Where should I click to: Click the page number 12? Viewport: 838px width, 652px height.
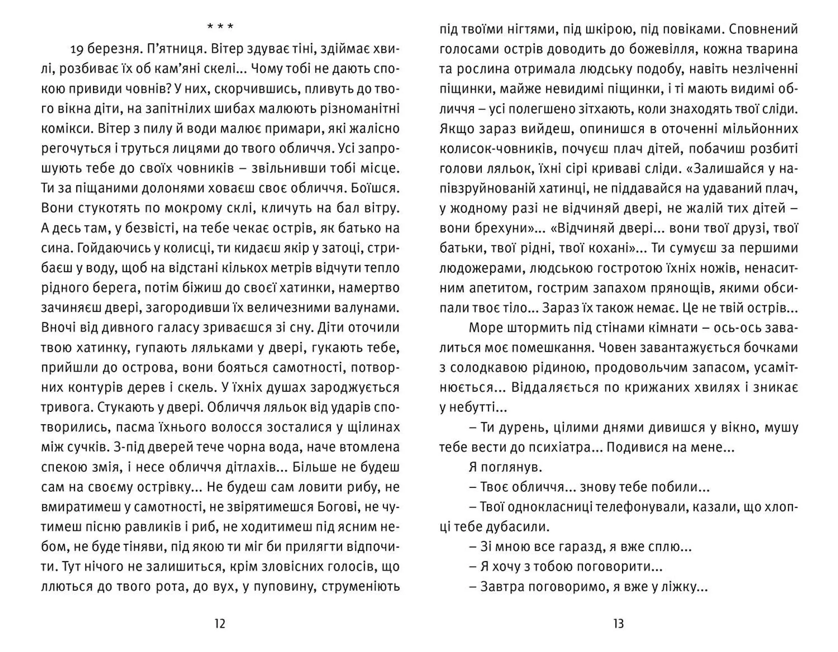pyautogui.click(x=220, y=624)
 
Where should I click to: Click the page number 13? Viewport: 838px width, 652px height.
pyautogui.click(x=618, y=624)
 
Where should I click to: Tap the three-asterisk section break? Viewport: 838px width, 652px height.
pyautogui.click(x=220, y=27)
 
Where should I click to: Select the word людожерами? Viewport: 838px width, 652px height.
pyautogui.click(x=481, y=268)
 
